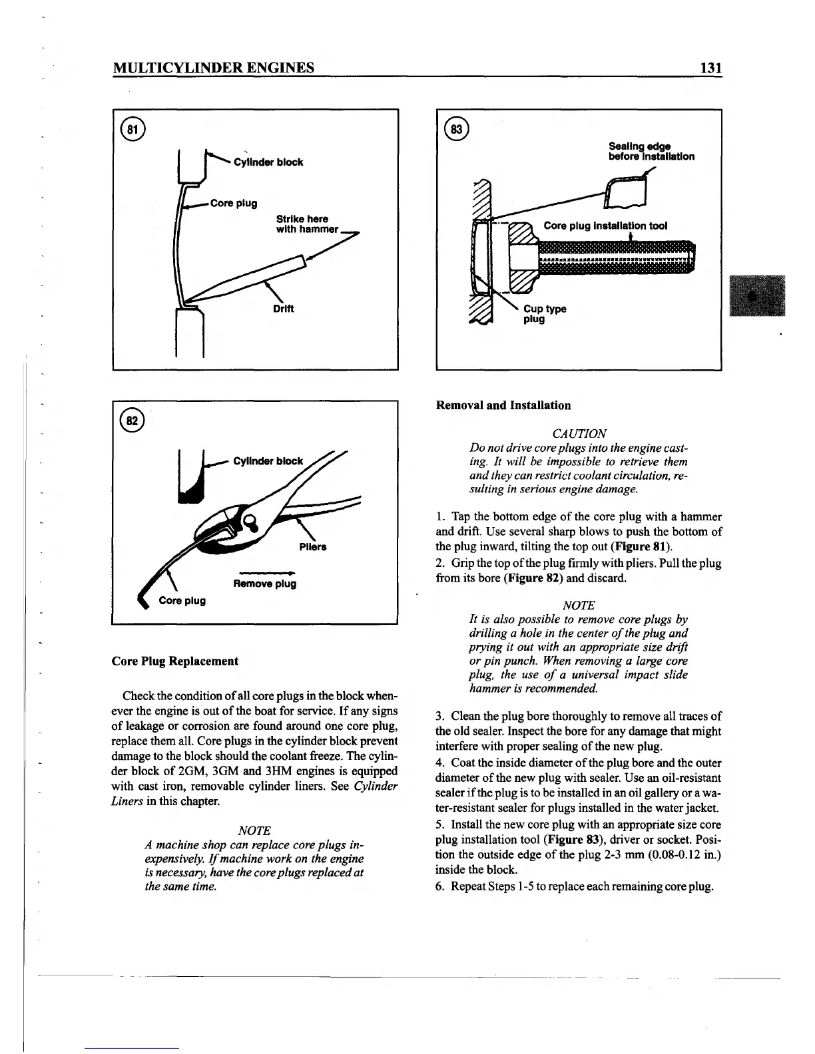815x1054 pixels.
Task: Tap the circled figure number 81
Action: tap(133, 129)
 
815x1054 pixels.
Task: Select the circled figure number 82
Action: tap(133, 421)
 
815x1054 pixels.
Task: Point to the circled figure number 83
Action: tap(459, 129)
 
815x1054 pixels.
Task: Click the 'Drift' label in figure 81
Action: tap(283, 309)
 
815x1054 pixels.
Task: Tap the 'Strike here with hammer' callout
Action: tap(303, 224)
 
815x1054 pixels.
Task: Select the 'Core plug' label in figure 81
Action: tap(233, 203)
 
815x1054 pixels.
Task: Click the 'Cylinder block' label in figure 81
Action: tap(268, 162)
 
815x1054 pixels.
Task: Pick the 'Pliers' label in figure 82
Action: tap(313, 547)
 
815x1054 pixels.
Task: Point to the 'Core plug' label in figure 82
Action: tap(182, 600)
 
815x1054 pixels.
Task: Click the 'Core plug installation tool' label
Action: tap(605, 226)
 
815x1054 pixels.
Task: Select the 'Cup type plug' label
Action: tap(544, 313)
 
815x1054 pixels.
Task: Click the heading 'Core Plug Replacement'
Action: tap(174, 661)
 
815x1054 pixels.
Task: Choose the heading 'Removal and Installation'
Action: tap(503, 405)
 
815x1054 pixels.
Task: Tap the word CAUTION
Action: tap(579, 433)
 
